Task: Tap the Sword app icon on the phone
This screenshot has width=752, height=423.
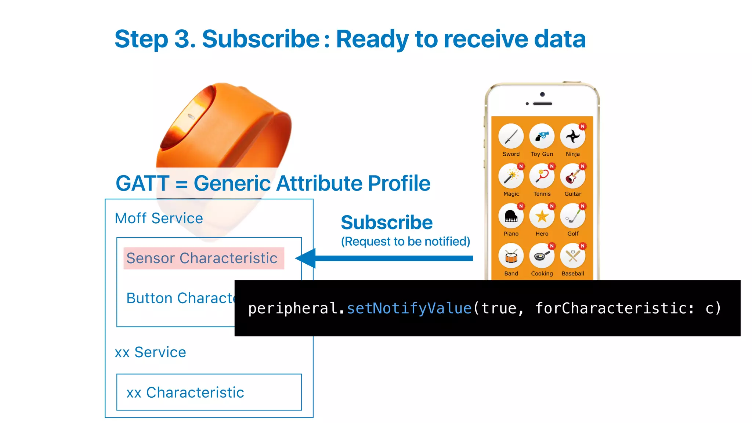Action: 511,137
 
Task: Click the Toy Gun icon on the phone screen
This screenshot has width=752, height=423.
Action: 542,137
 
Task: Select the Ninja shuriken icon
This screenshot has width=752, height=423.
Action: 572,137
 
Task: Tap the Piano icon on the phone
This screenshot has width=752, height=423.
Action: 511,216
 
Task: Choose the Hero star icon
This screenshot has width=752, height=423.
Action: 542,216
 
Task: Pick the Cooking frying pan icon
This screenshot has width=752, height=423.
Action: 542,256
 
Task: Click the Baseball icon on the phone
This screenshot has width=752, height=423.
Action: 572,256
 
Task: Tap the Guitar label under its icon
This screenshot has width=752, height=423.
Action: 573,194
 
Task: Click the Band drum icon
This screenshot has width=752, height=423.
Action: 511,256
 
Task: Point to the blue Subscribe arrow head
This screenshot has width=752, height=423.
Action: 306,258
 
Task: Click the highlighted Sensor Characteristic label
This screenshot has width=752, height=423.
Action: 202,258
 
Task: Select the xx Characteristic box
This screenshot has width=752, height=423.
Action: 209,392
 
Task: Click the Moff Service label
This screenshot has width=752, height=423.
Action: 159,218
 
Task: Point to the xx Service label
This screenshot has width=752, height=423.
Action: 150,352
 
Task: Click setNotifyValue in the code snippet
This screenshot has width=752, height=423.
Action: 409,308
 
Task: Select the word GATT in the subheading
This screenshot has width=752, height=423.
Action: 142,183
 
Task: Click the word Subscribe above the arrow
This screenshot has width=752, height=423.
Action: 387,223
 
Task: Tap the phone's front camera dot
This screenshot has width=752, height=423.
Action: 542,94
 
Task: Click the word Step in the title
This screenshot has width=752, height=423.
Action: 141,39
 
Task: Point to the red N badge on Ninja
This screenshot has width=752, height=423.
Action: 582,126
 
